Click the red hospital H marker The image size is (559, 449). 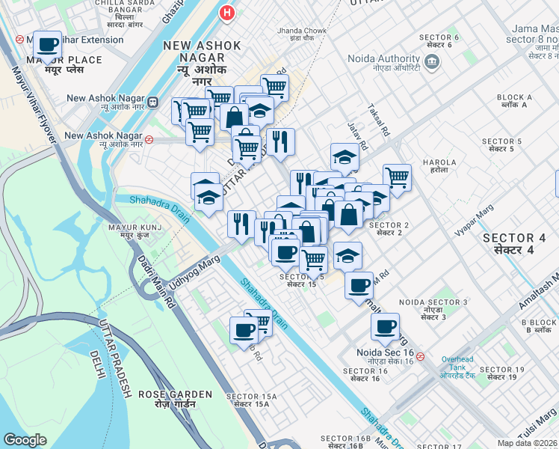(x=227, y=13)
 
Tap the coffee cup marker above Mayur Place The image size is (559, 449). (x=48, y=46)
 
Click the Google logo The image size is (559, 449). (x=25, y=440)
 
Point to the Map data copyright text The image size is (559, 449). (x=527, y=443)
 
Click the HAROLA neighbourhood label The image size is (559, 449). (x=434, y=165)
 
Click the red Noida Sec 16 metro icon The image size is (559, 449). (x=421, y=356)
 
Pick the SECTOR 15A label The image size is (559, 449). (x=251, y=400)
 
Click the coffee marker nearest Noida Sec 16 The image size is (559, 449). (x=386, y=326)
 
